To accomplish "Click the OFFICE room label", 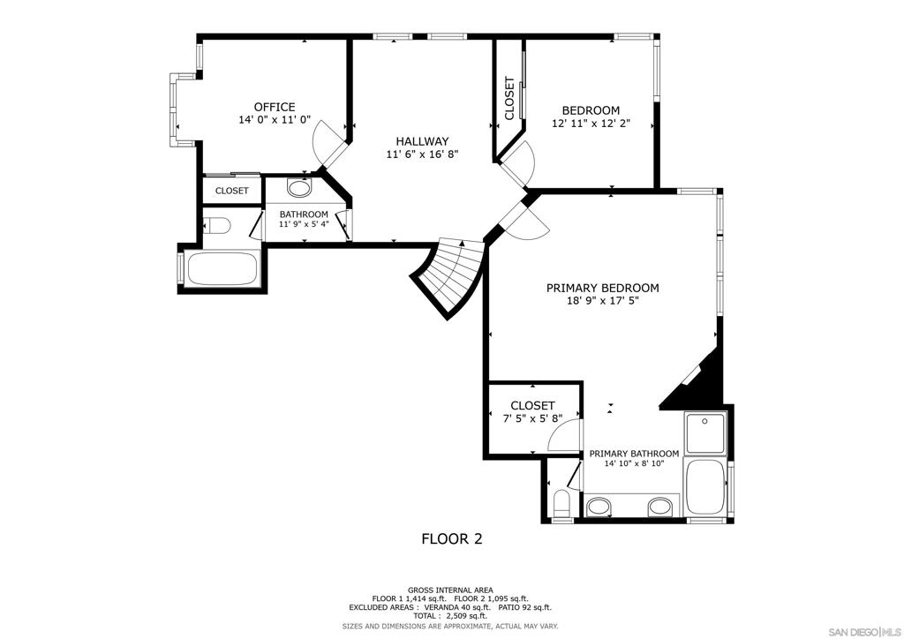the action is [x=275, y=107].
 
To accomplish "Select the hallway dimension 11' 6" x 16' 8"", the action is [x=422, y=154].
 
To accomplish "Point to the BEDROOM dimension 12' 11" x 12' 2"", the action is [x=591, y=124].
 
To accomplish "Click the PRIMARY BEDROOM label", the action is [x=602, y=288].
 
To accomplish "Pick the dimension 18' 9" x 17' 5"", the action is [x=602, y=301].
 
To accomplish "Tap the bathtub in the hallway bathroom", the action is [x=222, y=269].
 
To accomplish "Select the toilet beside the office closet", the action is [x=216, y=225].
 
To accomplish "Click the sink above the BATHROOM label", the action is [x=298, y=188].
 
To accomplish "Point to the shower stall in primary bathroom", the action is [x=705, y=432].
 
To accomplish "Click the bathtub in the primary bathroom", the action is [x=705, y=487].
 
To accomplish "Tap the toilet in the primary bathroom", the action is [x=561, y=504].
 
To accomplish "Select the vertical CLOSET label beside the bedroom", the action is [x=509, y=99].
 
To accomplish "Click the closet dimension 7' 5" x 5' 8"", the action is [x=532, y=419].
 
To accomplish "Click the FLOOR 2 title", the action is [x=452, y=539].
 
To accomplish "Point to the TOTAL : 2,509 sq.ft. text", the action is [x=450, y=616].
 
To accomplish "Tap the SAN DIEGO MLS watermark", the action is [x=863, y=629].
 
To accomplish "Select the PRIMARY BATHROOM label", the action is [x=634, y=454].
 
